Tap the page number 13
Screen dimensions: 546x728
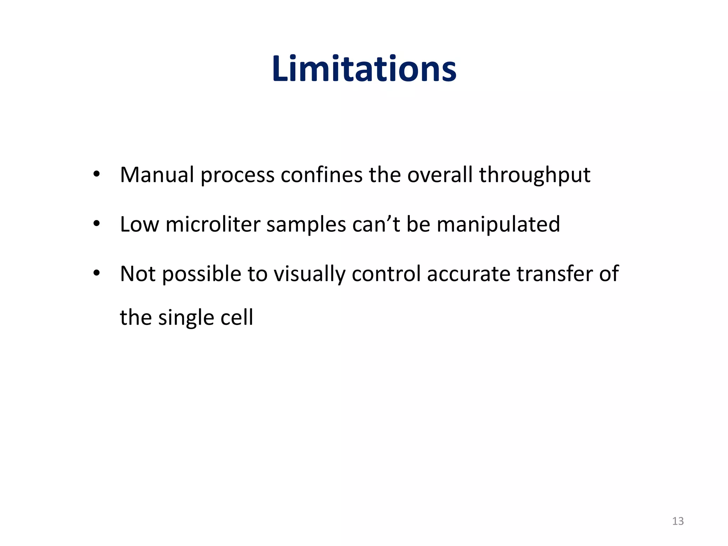coord(678,521)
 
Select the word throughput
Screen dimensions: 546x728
coord(535,176)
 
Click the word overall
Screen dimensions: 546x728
coord(440,175)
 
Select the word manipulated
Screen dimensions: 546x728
coord(498,225)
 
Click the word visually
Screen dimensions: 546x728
coord(309,274)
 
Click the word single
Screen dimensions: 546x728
coord(186,318)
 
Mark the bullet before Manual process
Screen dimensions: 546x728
coord(96,175)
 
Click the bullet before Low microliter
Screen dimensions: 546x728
coord(96,224)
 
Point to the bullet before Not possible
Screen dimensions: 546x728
coord(96,273)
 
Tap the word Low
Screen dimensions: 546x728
coord(139,224)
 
